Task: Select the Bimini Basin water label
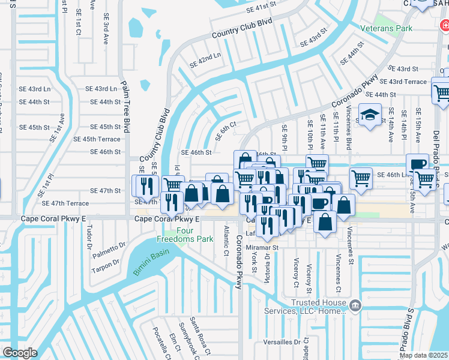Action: [148, 265]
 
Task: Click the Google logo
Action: [19, 353]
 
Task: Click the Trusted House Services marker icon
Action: [355, 307]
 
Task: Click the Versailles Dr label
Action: [282, 342]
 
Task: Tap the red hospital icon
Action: [445, 25]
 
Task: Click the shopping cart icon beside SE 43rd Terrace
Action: [441, 92]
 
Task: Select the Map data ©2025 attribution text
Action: [423, 355]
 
